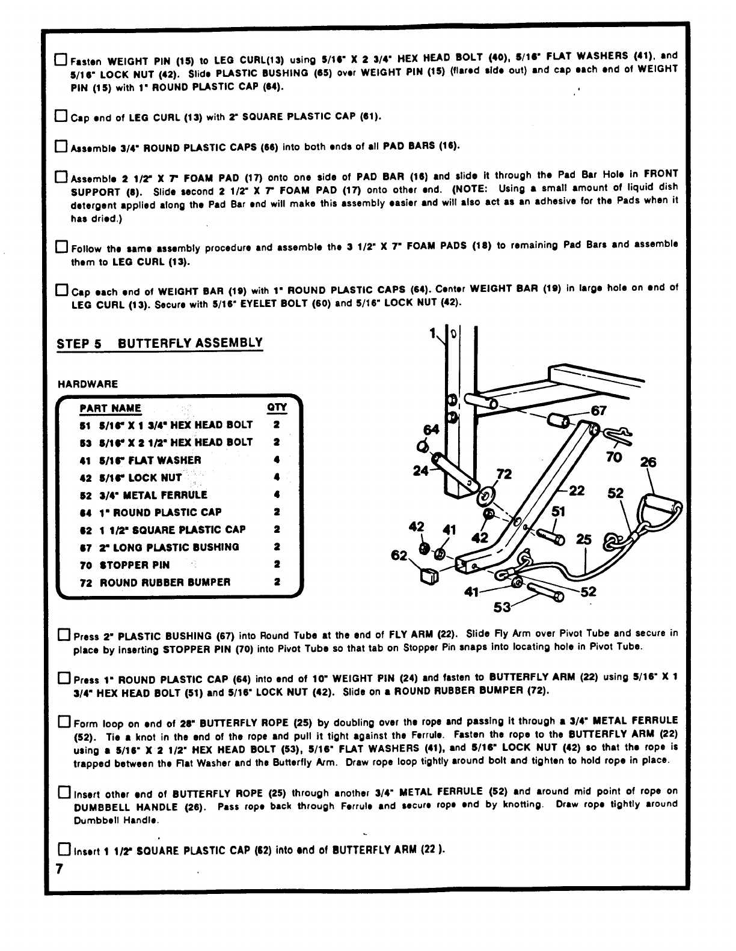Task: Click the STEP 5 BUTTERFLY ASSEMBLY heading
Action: (x=159, y=344)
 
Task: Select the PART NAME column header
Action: (x=110, y=409)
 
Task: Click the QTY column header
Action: (x=277, y=409)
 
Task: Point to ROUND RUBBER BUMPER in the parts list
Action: (x=155, y=582)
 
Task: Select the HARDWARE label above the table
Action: (x=88, y=384)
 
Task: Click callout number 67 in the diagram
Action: (x=599, y=411)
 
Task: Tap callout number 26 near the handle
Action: (x=648, y=462)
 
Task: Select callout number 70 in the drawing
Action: (x=613, y=457)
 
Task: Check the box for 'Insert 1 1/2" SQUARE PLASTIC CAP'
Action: (x=63, y=849)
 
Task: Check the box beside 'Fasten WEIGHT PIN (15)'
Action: (x=61, y=60)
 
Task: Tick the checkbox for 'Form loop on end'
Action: (x=64, y=721)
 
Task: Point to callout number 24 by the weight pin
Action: (x=420, y=471)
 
